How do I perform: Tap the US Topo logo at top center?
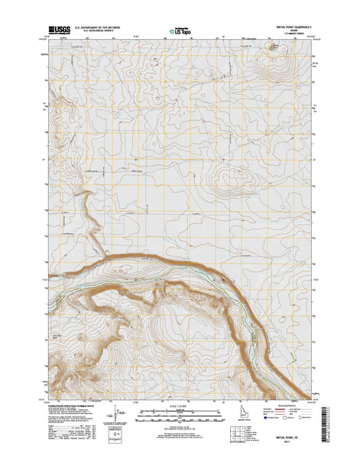[177, 31]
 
